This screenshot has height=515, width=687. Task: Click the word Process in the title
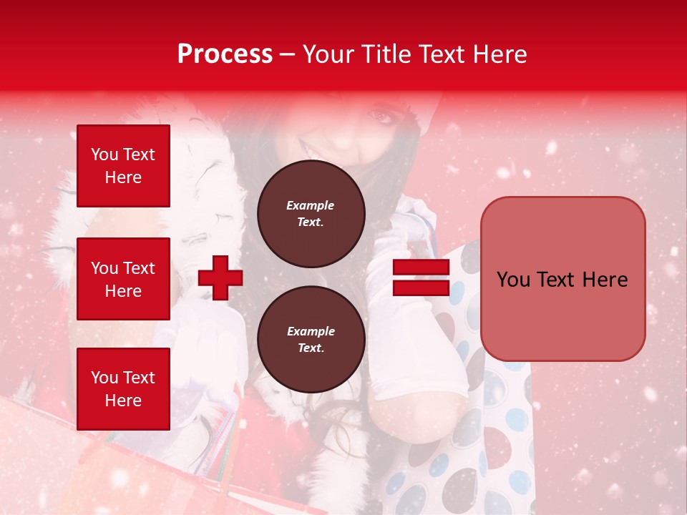click(225, 54)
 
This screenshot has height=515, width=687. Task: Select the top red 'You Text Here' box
click(123, 166)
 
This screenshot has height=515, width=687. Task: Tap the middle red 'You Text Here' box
click(123, 279)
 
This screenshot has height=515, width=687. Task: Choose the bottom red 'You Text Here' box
click(123, 389)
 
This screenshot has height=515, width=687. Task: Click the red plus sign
click(220, 278)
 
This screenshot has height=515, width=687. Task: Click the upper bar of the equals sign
click(421, 268)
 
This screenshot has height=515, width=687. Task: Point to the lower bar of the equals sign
click(421, 288)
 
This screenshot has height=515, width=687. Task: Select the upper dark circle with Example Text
click(311, 213)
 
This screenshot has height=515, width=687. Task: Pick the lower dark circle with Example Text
click(311, 339)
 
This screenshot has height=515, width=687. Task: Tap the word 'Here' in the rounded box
click(604, 280)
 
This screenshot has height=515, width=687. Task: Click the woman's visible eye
click(381, 115)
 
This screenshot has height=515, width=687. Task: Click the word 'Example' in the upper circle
click(311, 205)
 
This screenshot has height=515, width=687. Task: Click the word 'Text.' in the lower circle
click(311, 348)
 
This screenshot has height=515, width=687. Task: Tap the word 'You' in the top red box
click(104, 154)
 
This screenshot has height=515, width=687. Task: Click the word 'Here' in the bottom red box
click(123, 401)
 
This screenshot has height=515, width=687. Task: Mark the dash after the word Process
click(288, 55)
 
